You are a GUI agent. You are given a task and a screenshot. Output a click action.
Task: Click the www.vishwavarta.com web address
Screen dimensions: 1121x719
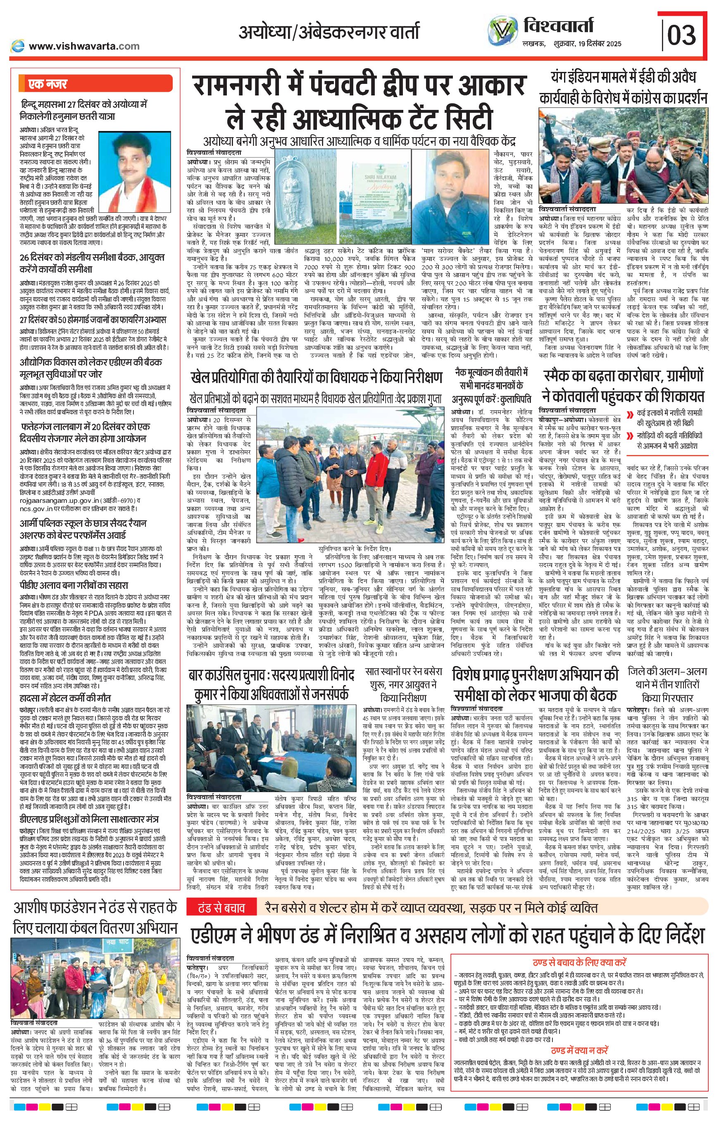[83, 46]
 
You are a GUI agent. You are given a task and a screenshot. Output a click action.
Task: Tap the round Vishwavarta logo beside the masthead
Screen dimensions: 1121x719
[502, 32]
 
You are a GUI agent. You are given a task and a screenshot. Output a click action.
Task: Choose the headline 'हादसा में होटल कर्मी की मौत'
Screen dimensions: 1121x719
[65, 698]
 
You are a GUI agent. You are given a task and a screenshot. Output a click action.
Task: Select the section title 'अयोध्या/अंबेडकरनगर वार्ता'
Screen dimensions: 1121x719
[329, 33]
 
